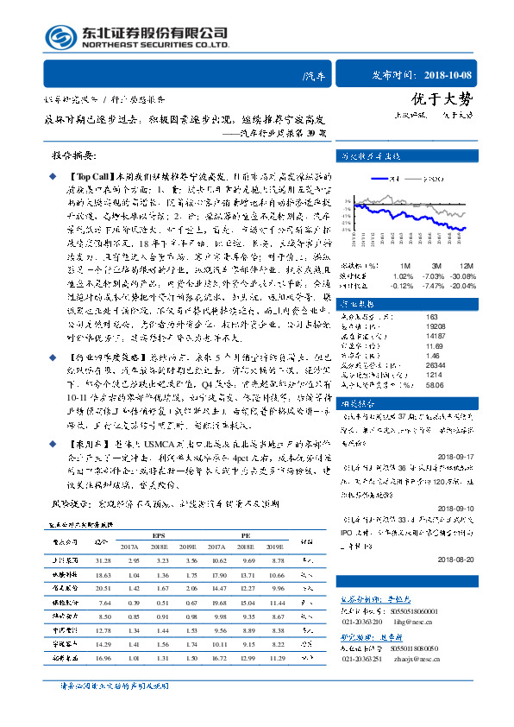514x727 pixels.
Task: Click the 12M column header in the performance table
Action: (x=467, y=266)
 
